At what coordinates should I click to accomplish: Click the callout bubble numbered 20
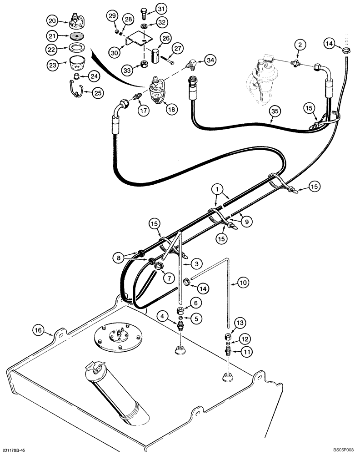click(53, 21)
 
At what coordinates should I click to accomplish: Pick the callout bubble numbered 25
click(97, 93)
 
